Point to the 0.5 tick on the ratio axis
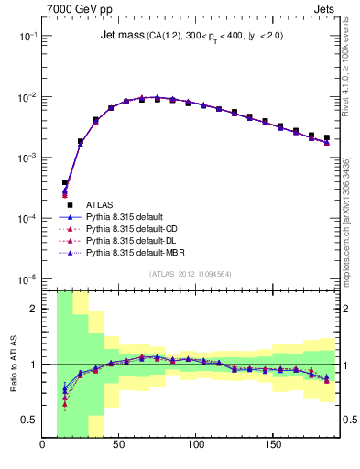click(29, 420)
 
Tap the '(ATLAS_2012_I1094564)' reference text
click(190, 274)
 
